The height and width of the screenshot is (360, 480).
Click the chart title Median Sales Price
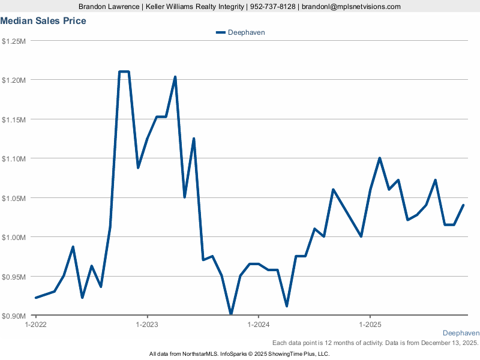point(43,21)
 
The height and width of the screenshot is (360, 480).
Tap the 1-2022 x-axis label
point(35,324)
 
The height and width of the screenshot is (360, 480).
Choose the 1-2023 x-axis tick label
point(147,324)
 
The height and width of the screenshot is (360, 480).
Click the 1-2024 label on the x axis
point(258,324)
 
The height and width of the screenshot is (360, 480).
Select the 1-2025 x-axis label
point(370,324)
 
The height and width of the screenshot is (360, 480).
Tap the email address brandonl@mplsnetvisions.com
point(351,7)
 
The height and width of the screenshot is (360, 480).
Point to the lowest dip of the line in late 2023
point(231,313)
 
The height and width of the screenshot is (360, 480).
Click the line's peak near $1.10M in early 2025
point(380,158)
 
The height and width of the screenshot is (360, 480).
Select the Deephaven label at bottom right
point(461,333)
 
